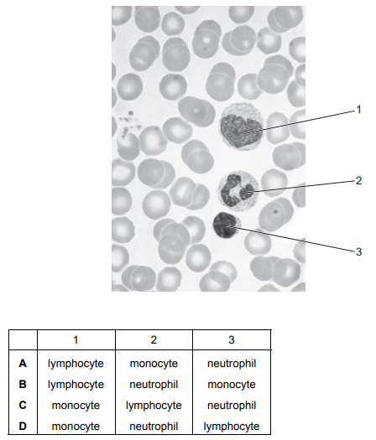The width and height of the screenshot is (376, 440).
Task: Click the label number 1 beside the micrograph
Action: coord(358,110)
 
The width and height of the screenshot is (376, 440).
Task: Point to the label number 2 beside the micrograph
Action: coord(358,181)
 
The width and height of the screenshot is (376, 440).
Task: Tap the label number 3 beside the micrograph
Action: coord(358,252)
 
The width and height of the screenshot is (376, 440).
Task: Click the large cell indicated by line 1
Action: coord(242,127)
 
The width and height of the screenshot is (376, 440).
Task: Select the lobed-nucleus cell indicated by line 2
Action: coord(238,192)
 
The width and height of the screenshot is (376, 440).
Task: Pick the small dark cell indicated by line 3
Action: coord(226,225)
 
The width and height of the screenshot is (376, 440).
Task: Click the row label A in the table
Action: coord(23,364)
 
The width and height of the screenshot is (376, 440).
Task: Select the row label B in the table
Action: coord(23,385)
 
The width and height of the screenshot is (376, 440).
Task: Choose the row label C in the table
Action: coord(23,405)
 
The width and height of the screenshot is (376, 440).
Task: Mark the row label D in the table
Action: coord(23,427)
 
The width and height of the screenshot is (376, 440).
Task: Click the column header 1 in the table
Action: coord(76,340)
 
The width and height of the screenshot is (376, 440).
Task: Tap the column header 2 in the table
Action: coord(154,340)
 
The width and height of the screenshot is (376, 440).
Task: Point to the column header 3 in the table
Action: coord(232,340)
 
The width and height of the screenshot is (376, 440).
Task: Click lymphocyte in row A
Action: coord(76,364)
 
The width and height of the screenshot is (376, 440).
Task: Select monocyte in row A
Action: coord(154,364)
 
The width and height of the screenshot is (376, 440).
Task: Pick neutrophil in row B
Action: coord(154,385)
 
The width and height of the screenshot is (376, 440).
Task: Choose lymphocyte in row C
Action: coord(154,406)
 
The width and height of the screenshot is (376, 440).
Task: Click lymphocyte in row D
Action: coord(232,427)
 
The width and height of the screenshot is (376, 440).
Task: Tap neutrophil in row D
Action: coord(154,427)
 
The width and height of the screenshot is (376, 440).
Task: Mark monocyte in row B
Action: coord(232,385)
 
